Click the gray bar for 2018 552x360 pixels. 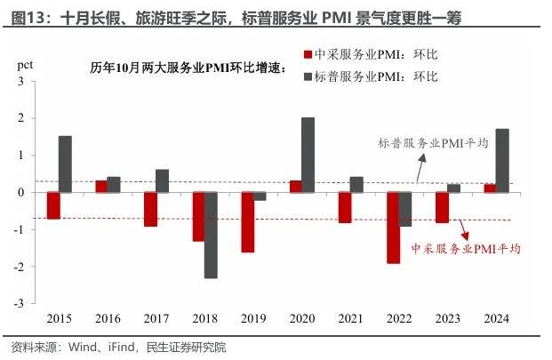pos(211,235)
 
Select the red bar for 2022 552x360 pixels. pos(392,228)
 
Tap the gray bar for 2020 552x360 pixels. pos(308,155)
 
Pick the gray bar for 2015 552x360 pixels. pos(65,164)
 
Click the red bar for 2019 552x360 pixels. pos(247,222)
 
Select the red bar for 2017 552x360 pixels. pos(150,209)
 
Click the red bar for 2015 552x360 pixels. pos(53,205)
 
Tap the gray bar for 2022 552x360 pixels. pos(404,209)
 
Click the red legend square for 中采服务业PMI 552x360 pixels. pos(308,55)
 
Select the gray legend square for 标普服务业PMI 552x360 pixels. pos(308,77)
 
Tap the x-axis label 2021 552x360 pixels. pos(350,318)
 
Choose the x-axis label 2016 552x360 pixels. pos(108,318)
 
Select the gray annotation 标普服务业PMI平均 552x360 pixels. pos(433,142)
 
